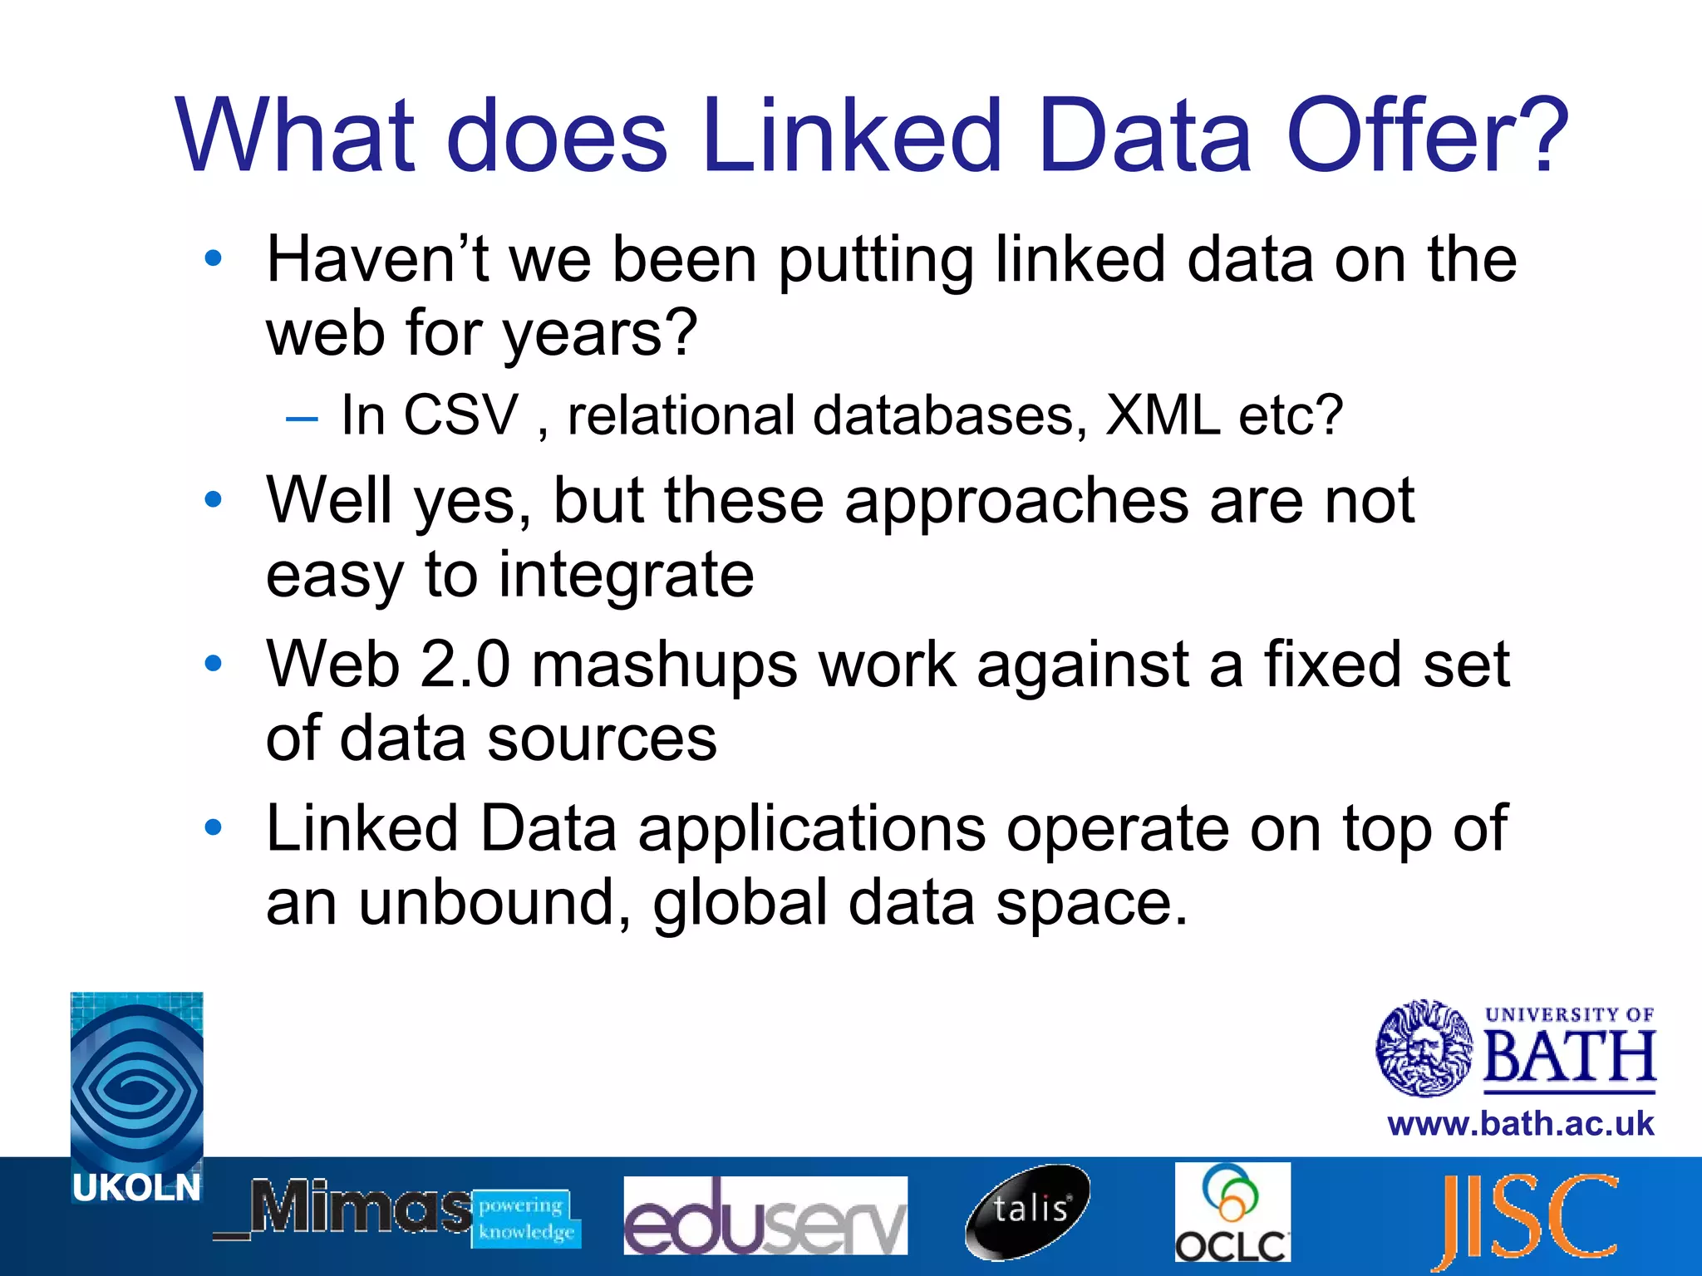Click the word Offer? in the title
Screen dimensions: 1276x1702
point(1426,135)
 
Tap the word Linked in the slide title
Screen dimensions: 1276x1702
point(852,135)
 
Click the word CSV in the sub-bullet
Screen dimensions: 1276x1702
point(460,415)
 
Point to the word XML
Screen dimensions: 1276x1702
point(1162,415)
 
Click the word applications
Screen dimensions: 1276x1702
point(811,830)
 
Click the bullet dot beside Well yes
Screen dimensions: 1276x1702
point(214,500)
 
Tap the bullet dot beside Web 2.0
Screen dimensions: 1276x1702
point(214,664)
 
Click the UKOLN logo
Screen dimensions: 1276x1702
point(137,1097)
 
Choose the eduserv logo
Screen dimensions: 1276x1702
point(765,1215)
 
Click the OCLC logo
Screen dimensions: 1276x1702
point(1232,1212)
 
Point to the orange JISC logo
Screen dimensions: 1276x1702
point(1530,1217)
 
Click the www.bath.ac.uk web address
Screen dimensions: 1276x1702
point(1520,1124)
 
